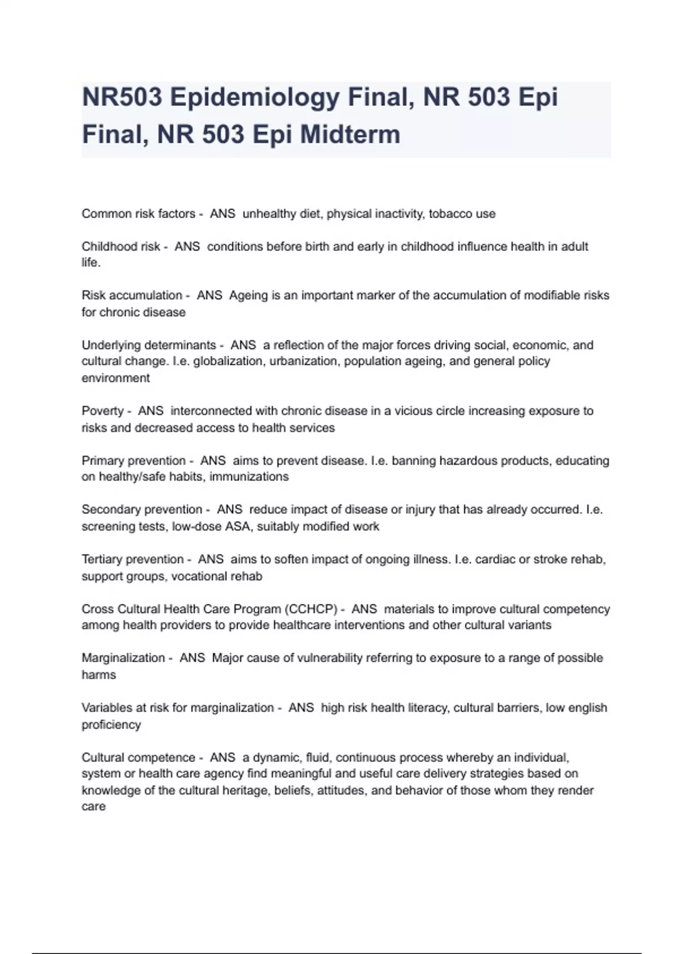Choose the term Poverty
click(102, 411)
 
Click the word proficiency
click(111, 725)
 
